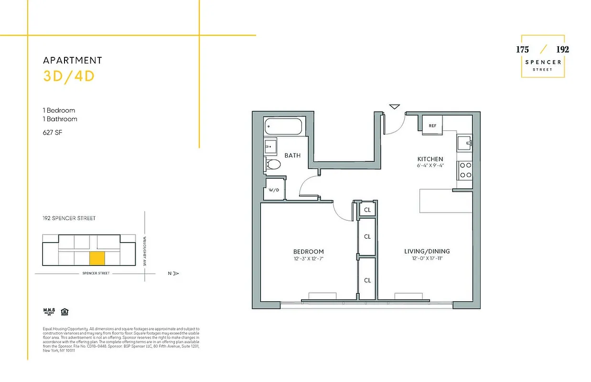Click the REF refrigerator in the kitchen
tap(432, 126)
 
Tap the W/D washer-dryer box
tap(274, 190)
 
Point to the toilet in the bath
tap(273, 165)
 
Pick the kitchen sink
tap(464, 142)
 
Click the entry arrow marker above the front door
tap(394, 106)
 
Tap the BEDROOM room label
tap(308, 252)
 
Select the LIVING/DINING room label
tap(427, 251)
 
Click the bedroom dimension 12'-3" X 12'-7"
tap(308, 259)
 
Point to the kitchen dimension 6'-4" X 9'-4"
tap(430, 166)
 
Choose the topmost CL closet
tap(367, 210)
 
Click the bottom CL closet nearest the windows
tap(367, 280)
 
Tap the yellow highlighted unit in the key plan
tap(97, 258)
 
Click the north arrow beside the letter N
tap(175, 274)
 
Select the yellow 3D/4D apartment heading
tap(69, 76)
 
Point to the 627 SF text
tap(52, 132)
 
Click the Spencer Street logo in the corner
tap(542, 56)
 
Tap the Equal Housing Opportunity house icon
tap(64, 312)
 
